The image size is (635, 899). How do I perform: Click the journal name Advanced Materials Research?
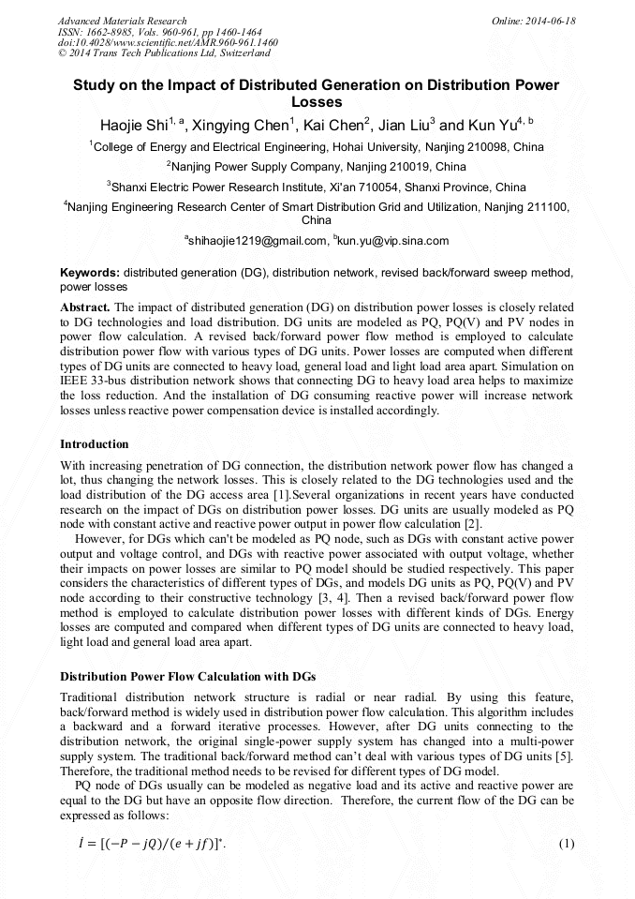point(122,21)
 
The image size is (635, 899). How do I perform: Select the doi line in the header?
point(168,42)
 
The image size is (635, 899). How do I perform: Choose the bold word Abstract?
point(85,307)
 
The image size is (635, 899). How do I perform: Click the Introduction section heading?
point(94,443)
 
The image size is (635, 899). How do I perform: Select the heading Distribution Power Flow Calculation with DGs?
point(188,676)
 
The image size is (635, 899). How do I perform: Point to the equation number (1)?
point(566,845)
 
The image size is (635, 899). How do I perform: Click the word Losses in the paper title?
point(317,102)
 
